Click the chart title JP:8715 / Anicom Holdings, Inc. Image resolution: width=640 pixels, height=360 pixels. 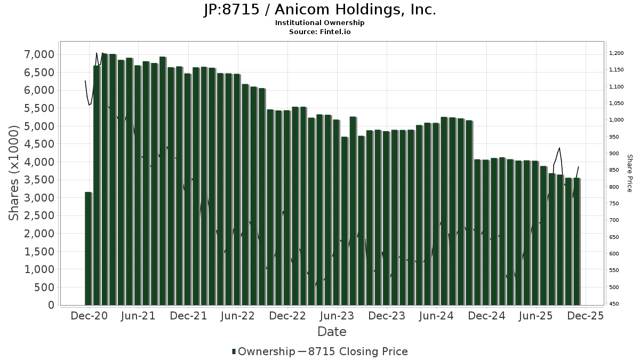[x=320, y=10]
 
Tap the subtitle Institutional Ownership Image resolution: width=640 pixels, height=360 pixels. [x=320, y=23]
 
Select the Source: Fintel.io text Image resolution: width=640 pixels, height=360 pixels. [x=320, y=31]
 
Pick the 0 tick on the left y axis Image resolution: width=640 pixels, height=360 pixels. [x=51, y=305]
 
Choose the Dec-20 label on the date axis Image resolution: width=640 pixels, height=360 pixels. [x=89, y=316]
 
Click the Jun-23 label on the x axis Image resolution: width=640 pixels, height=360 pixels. [x=337, y=316]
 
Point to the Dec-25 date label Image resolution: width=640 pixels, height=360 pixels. [x=586, y=316]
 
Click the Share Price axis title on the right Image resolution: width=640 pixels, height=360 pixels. [x=629, y=173]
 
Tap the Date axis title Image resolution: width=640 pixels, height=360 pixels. [x=332, y=332]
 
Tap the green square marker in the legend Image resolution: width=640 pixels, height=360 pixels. [x=234, y=351]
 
